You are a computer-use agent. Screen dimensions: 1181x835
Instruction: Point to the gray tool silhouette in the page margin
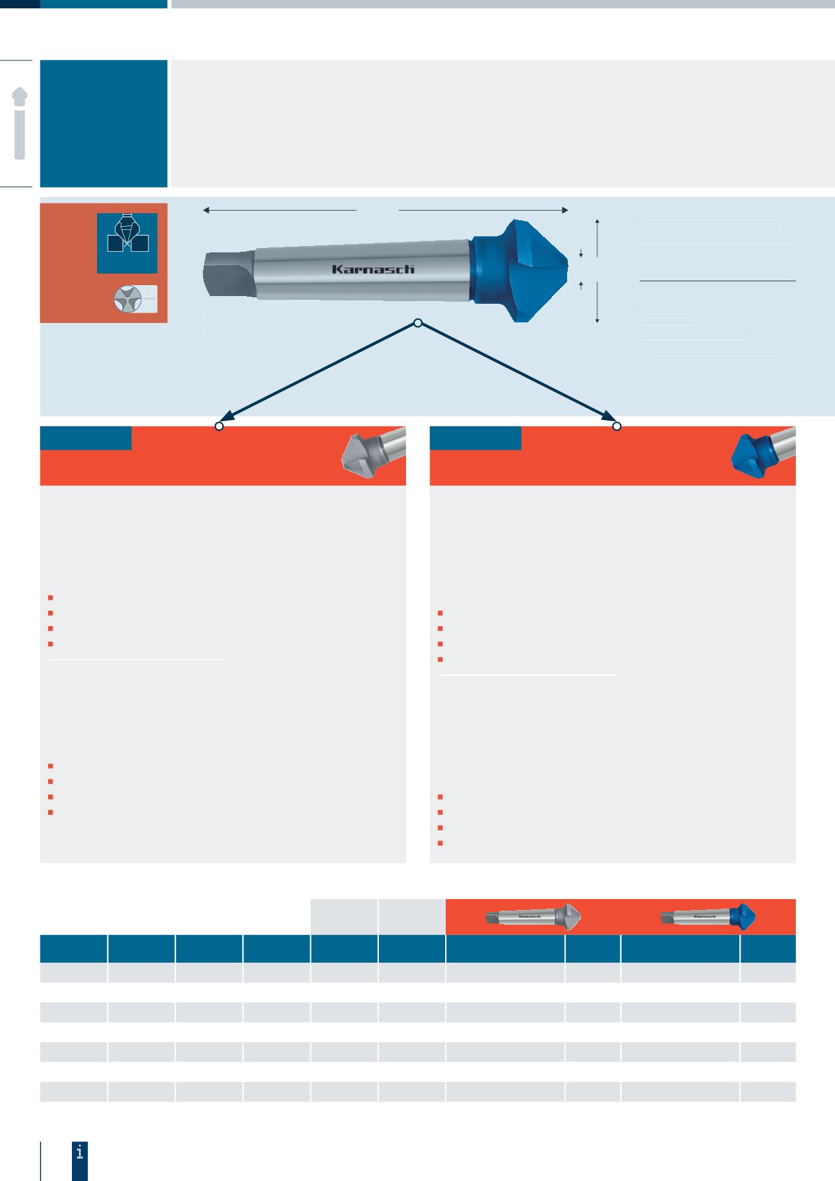tap(20, 123)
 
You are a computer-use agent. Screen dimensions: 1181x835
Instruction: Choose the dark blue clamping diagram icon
tap(127, 243)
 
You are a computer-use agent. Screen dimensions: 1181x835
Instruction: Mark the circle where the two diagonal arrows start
tap(418, 323)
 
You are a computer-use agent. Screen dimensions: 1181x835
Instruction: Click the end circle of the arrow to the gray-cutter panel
tap(219, 426)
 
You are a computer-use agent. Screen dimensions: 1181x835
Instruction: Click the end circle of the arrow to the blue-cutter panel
tap(617, 426)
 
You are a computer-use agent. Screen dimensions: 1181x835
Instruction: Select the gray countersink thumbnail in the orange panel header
tap(373, 453)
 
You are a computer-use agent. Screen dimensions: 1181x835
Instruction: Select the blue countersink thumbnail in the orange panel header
tap(763, 453)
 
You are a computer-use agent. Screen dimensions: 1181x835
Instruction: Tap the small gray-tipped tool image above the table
tap(533, 917)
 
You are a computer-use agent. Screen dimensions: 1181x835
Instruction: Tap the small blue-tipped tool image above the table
tap(709, 916)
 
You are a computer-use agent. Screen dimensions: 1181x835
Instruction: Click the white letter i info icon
tap(80, 1152)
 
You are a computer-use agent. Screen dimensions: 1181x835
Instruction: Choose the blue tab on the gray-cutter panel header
tap(85, 438)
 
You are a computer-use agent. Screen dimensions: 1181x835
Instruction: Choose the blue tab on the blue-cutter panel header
tap(475, 438)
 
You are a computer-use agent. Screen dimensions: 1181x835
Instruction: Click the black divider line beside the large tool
tap(717, 281)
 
